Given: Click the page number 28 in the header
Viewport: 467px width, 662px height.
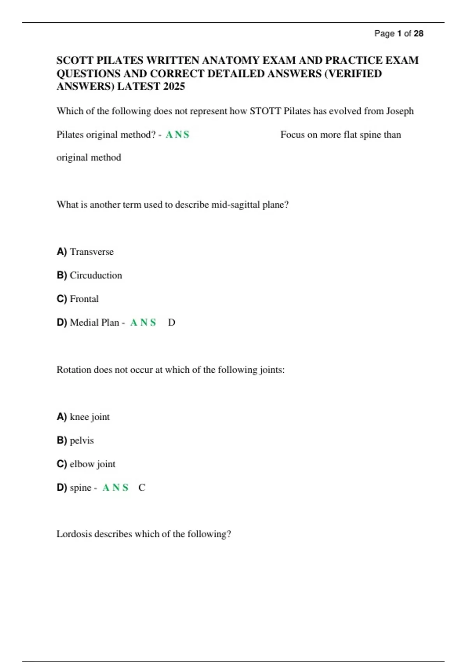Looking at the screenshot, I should tap(418, 33).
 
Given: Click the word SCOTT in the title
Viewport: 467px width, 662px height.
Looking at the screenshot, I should tap(75, 60).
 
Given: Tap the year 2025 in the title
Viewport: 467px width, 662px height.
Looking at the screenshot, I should tap(174, 86).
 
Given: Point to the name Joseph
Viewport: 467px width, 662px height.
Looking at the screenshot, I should tap(400, 111).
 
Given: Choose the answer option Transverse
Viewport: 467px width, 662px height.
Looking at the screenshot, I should tap(92, 252).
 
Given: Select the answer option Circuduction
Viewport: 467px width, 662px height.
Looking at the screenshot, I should tap(96, 275).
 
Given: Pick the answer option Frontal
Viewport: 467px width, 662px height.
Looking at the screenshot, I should tap(84, 299).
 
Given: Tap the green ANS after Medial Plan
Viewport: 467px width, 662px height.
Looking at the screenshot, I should tap(143, 322).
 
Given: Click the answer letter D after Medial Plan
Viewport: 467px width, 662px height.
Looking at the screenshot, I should tap(172, 322).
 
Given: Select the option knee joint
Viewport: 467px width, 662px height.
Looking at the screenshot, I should tap(90, 417).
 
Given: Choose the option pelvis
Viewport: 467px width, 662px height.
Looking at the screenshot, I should tap(82, 440).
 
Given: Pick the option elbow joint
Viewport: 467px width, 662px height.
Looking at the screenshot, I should tap(93, 464).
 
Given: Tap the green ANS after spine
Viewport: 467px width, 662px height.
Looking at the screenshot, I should tap(115, 488).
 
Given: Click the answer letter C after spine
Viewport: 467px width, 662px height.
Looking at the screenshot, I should tap(142, 488).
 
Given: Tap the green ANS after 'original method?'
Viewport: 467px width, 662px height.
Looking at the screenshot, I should tap(177, 134).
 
